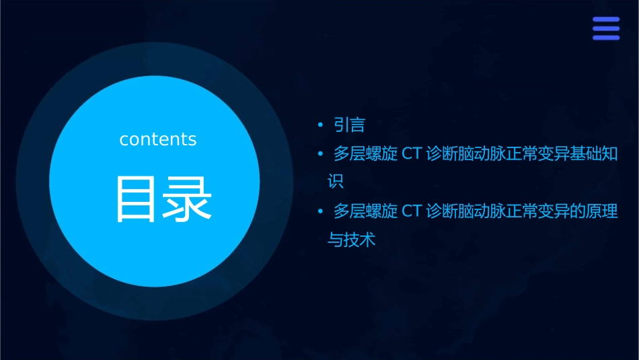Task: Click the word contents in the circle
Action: (158, 139)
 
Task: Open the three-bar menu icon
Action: (606, 29)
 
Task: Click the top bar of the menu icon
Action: (606, 20)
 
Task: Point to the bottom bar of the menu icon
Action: (606, 38)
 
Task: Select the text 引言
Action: (349, 124)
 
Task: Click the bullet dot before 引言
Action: (321, 124)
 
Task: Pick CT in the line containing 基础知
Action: (411, 154)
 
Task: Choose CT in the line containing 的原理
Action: (411, 211)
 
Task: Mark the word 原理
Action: (602, 211)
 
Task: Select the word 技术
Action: (359, 240)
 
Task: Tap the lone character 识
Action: (335, 182)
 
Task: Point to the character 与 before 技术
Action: (334, 240)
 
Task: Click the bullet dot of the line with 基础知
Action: (321, 154)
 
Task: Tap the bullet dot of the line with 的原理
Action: (321, 211)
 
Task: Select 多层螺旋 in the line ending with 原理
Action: (366, 211)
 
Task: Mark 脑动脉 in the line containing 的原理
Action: (480, 211)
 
